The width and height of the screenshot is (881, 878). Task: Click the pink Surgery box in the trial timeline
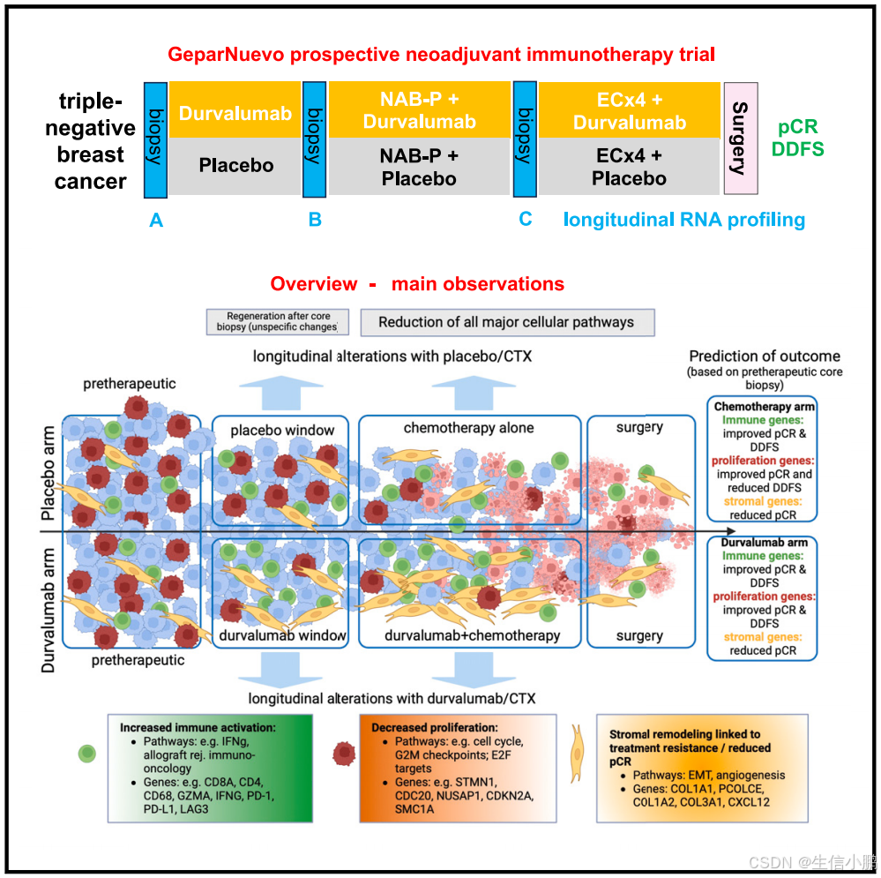tap(740, 139)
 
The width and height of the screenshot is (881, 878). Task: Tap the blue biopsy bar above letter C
tap(525, 139)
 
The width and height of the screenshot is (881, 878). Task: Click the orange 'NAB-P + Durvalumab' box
tap(419, 110)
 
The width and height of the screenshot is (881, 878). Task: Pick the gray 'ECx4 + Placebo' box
tap(630, 166)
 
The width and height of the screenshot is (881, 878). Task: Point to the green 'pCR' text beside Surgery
tap(797, 127)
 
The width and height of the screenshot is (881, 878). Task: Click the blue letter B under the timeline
tap(315, 220)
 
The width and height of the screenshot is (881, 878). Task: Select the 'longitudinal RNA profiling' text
tap(684, 220)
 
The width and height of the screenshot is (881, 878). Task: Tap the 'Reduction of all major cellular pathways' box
tap(506, 322)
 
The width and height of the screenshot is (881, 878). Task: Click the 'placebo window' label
tap(282, 430)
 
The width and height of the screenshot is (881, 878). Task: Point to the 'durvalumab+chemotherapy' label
tap(472, 635)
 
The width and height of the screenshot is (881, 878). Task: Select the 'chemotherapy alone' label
tap(468, 428)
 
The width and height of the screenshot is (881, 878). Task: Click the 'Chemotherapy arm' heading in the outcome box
tap(764, 407)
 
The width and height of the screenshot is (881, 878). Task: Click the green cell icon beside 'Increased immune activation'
tap(87, 754)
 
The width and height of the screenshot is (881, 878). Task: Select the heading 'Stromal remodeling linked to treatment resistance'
tap(683, 739)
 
